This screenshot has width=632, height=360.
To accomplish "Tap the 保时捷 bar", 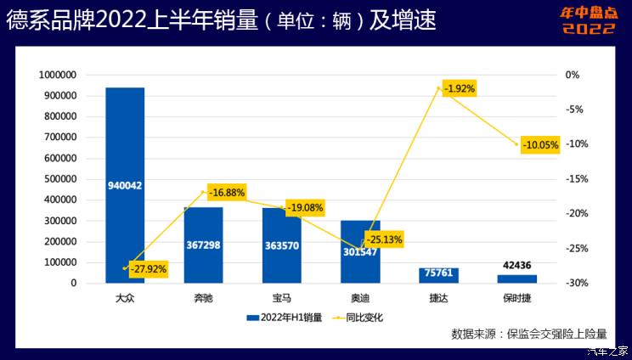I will click(517, 278).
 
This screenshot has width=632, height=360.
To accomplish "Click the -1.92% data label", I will click(459, 88).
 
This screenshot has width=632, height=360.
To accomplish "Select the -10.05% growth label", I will click(539, 144).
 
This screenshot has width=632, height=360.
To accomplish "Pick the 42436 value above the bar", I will click(517, 266).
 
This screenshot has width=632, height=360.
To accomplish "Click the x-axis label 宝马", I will click(282, 299).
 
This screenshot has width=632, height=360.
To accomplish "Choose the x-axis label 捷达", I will click(439, 299).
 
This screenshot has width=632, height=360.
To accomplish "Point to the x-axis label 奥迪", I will click(360, 299).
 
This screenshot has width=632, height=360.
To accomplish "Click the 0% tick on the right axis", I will click(573, 75).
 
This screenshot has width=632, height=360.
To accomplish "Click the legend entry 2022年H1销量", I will click(285, 318).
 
